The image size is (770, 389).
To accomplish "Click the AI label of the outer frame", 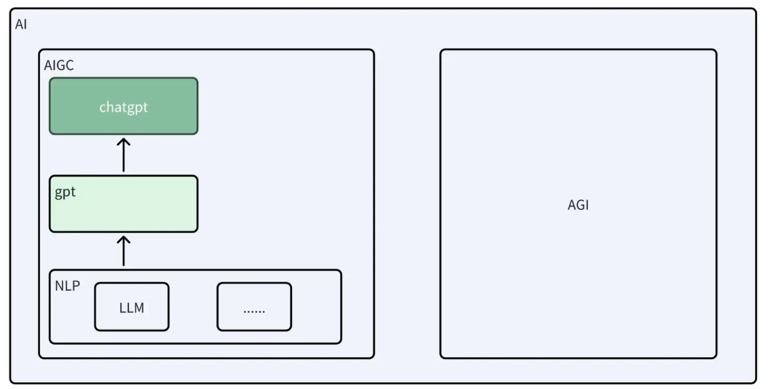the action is coord(21,24).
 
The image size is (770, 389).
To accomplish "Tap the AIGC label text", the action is coord(59,65).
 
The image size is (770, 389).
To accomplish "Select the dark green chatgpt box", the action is coord(124,106).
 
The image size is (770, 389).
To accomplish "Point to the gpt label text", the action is coord(65,192).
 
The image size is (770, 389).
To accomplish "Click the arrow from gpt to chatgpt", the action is coord(124,155).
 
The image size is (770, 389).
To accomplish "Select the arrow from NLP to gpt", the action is coord(124,251).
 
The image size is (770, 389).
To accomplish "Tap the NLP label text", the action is coord(67,286).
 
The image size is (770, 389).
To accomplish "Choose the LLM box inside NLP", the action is coord(132,306).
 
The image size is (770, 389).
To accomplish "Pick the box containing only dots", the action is coord(255,306).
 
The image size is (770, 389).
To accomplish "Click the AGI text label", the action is coord(578,205).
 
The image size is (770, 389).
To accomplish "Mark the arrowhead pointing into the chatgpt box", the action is coord(124,142).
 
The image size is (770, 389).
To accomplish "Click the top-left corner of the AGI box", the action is coord(441,50).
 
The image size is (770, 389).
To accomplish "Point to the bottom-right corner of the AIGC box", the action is coord(373,358).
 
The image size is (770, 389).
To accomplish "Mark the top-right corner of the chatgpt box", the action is coord(198,78).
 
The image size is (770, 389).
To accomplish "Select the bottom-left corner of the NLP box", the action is coord(50,343).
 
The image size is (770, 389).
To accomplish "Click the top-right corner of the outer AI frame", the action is coord(755,9).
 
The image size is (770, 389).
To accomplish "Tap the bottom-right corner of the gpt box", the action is coord(198,231).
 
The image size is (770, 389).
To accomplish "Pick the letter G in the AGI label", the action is coord(579,205).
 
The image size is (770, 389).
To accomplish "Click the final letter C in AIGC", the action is coord(70,65).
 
